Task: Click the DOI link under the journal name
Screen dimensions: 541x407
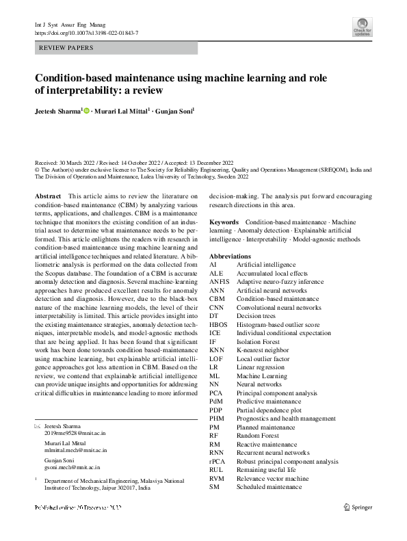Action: point(86,32)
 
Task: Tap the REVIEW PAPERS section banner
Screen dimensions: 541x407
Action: point(66,48)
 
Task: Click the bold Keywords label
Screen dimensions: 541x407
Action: point(224,222)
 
